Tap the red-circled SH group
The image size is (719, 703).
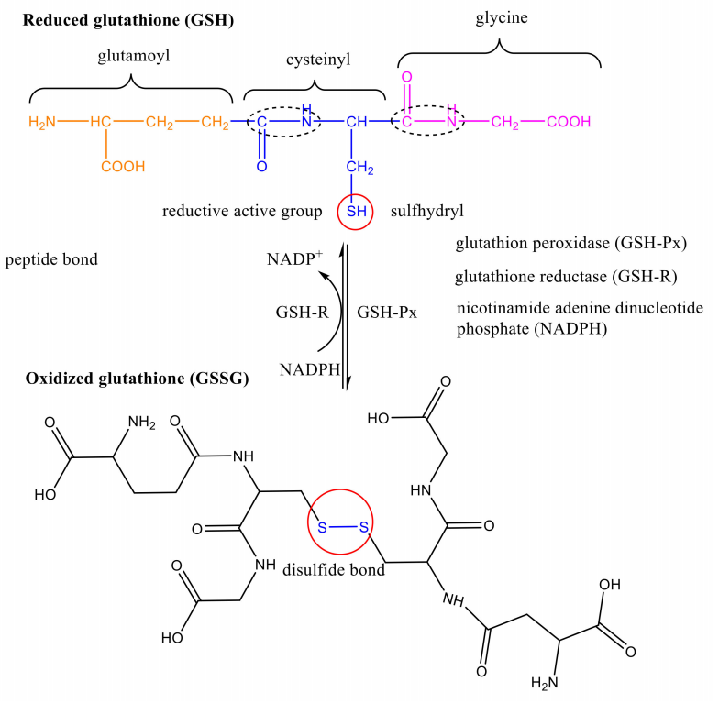tap(355, 213)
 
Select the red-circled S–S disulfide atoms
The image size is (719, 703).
tap(340, 526)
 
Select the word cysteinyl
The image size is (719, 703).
tap(315, 60)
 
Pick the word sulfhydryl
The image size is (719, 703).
tap(427, 212)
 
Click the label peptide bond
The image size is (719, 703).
tap(51, 260)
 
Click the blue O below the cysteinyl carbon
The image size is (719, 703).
tap(261, 167)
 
